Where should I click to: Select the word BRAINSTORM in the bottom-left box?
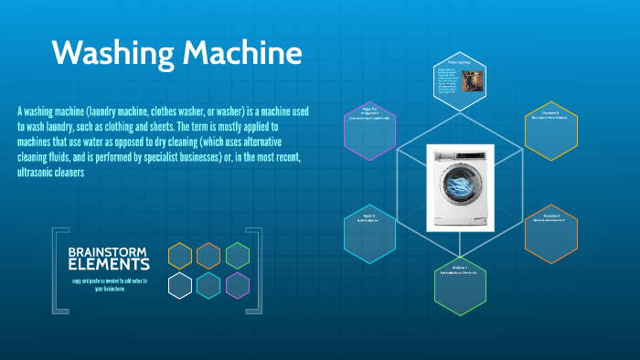(109, 251)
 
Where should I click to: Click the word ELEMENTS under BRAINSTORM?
(109, 265)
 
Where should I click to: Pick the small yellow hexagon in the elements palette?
(180, 256)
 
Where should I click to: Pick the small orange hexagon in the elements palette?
(208, 256)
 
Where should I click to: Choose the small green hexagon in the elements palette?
(238, 256)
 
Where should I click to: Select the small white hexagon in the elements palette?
(180, 285)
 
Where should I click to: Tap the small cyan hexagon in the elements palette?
(208, 285)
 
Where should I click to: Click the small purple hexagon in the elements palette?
(238, 285)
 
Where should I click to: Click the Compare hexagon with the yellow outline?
(551, 131)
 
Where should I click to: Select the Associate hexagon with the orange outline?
(551, 233)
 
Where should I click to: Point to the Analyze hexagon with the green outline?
(460, 285)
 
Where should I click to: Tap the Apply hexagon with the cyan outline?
(370, 233)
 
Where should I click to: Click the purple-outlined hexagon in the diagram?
(370, 131)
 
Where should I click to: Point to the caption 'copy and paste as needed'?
(109, 281)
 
